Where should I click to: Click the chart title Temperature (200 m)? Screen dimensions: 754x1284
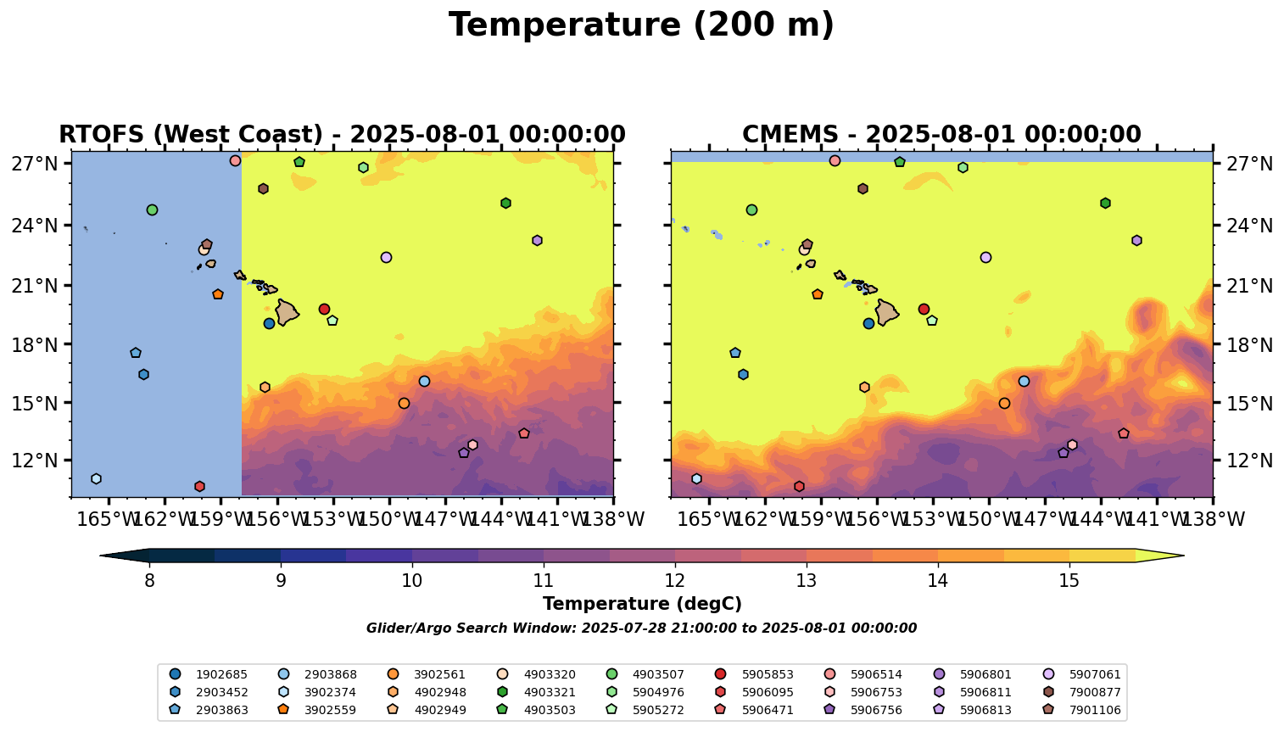coord(641,25)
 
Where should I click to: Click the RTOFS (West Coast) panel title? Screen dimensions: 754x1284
coord(342,135)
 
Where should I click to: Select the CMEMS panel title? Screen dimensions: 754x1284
coord(941,135)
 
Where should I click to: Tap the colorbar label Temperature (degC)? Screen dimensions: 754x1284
coord(642,604)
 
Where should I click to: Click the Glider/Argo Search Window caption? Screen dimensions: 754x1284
coord(641,628)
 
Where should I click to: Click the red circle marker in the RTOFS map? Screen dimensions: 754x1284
coord(324,310)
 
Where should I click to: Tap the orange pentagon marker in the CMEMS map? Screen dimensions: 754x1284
coord(818,294)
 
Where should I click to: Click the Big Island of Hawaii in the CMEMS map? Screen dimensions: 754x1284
coord(886,312)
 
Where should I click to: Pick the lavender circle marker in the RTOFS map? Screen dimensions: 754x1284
coord(386,257)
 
